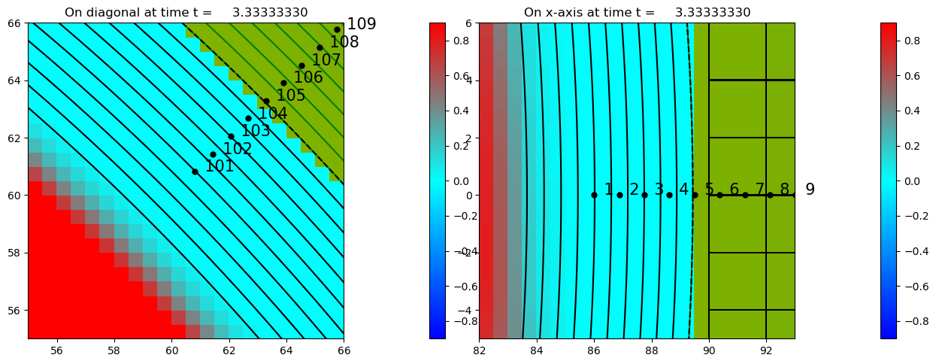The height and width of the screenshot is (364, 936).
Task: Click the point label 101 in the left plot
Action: pos(220,166)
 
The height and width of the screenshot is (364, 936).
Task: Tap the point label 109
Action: pos(361,24)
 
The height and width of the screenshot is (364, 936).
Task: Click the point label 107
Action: pos(326,59)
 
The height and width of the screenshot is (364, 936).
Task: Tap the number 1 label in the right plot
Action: pos(609,190)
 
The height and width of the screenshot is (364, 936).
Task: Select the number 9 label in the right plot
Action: pos(810,190)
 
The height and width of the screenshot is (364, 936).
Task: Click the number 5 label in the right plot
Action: pos(709,190)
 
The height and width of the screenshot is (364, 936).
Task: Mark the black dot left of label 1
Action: pos(594,195)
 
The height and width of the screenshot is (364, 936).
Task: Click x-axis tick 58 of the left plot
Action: pos(114,350)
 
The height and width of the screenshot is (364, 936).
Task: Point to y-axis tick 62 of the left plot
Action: pos(15,138)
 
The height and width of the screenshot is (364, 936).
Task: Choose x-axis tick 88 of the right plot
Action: pos(652,350)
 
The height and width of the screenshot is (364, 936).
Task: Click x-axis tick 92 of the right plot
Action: pos(766,350)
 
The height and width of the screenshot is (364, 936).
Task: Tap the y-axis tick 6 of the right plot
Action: pos(468,23)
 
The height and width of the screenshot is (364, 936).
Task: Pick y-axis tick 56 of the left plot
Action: pos(15,310)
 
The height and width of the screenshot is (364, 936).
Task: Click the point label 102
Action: pos(238,149)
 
